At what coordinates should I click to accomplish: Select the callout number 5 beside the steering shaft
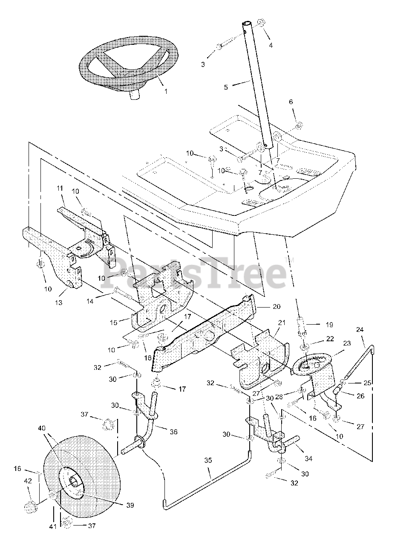coord(226,87)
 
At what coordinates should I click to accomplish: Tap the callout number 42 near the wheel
coord(28,481)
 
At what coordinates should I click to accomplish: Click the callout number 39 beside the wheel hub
coord(130,505)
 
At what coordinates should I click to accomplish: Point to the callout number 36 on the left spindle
coord(173,431)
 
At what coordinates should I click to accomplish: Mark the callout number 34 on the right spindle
coord(308,459)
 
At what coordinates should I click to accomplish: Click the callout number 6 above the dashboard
coord(291,102)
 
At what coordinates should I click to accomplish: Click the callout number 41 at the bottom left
coord(52,526)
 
